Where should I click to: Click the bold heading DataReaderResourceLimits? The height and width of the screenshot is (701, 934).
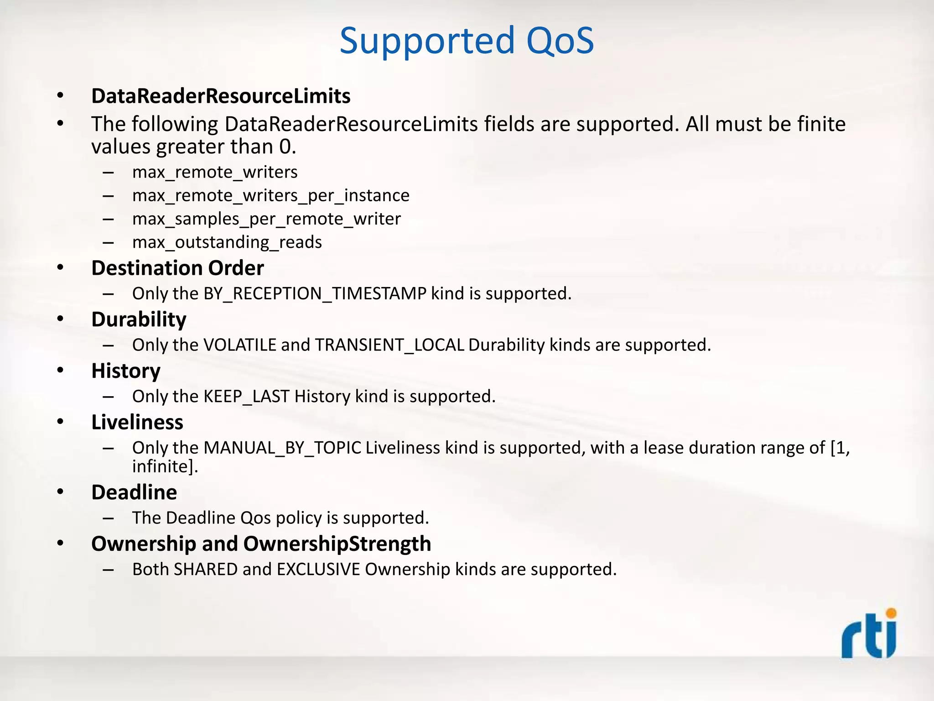tap(221, 96)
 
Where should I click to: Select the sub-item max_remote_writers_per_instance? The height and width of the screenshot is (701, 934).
tap(271, 196)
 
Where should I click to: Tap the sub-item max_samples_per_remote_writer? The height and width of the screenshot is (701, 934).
tap(266, 219)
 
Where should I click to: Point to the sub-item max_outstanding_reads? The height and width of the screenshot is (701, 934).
tap(227, 242)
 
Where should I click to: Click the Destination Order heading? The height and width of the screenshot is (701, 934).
tap(177, 268)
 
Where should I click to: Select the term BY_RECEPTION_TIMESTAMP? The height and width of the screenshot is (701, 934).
tap(315, 293)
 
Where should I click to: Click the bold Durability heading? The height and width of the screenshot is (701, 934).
tap(139, 319)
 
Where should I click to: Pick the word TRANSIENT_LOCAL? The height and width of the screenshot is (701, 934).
tap(389, 345)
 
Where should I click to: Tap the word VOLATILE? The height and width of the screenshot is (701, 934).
tap(240, 345)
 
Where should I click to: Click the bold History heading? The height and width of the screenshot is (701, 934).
tap(126, 371)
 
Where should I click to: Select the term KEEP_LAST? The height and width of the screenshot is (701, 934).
tap(246, 397)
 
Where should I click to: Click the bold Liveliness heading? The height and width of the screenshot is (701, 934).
tap(137, 423)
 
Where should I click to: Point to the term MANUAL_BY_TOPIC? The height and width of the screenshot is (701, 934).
tap(282, 448)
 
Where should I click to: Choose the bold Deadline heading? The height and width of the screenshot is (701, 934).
tap(134, 492)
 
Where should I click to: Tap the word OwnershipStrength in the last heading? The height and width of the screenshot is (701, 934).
tap(337, 544)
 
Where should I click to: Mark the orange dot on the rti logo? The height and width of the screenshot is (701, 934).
tap(891, 613)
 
